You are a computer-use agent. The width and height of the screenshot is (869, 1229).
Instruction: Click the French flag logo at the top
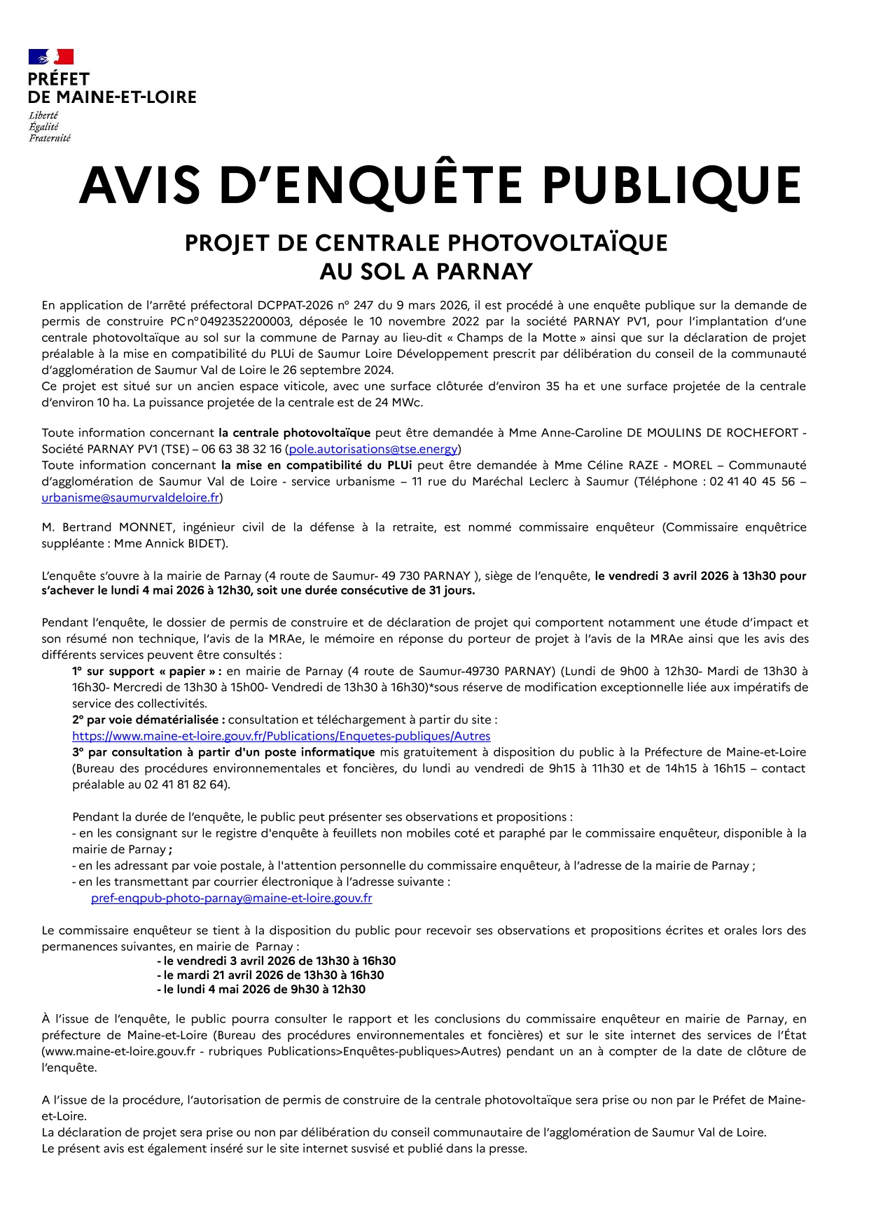pyautogui.click(x=51, y=57)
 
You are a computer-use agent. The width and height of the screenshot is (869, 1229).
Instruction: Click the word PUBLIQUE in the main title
pyautogui.click(x=672, y=186)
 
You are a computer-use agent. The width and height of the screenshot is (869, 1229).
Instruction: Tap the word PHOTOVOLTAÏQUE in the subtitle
pyautogui.click(x=557, y=243)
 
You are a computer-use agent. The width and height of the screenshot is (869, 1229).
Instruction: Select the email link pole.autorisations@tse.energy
pyautogui.click(x=373, y=449)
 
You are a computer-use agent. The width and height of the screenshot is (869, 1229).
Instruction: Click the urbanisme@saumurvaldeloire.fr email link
pyautogui.click(x=130, y=498)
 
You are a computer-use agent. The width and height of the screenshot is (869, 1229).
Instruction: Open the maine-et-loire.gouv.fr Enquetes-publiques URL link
pyautogui.click(x=281, y=736)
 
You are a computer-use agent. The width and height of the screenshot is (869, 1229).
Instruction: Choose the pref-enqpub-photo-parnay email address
pyautogui.click(x=231, y=898)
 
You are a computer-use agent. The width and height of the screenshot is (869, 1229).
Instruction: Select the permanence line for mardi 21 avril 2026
pyautogui.click(x=270, y=975)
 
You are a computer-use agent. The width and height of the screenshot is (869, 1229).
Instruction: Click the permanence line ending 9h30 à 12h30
pyautogui.click(x=261, y=990)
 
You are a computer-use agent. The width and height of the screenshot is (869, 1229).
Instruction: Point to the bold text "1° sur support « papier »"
pyautogui.click(x=146, y=671)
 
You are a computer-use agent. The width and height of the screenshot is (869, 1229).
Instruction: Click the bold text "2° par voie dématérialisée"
pyautogui.click(x=148, y=720)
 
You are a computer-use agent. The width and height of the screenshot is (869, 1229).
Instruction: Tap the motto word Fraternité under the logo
pyautogui.click(x=50, y=138)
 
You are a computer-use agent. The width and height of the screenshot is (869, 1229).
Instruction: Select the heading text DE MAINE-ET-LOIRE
pyautogui.click(x=112, y=97)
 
